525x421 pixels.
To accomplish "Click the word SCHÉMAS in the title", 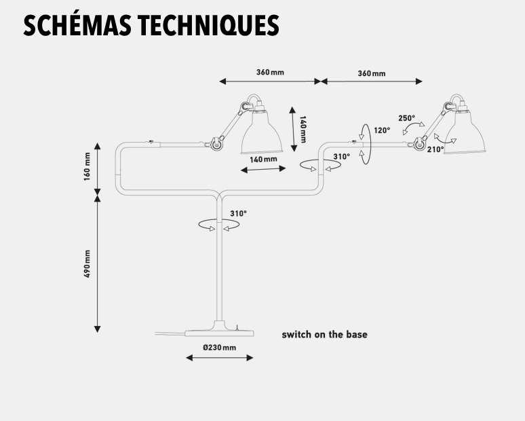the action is pos(77,25).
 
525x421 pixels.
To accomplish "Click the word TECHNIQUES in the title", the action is pos(209,26).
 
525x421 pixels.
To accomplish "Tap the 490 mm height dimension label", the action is pos(87,263).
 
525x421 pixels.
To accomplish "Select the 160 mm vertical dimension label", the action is pos(87,166).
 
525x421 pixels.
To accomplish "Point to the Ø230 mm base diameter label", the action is pos(219,348).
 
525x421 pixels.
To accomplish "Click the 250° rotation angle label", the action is pos(406,118).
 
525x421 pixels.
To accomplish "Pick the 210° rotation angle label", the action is pos(435,149).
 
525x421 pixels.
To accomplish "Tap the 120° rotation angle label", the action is pos(382,130).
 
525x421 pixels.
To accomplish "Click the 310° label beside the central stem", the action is pos(238,213).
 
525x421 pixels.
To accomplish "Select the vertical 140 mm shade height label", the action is pos(303,130).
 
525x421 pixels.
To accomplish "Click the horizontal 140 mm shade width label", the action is pos(263,159).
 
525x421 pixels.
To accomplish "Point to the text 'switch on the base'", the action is pos(324,335).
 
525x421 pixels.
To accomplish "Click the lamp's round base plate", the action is pos(219,333).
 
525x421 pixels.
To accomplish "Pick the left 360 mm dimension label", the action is pos(270,73).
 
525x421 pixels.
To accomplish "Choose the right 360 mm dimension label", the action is pos(372,73).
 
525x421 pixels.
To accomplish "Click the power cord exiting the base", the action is pos(170,333).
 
